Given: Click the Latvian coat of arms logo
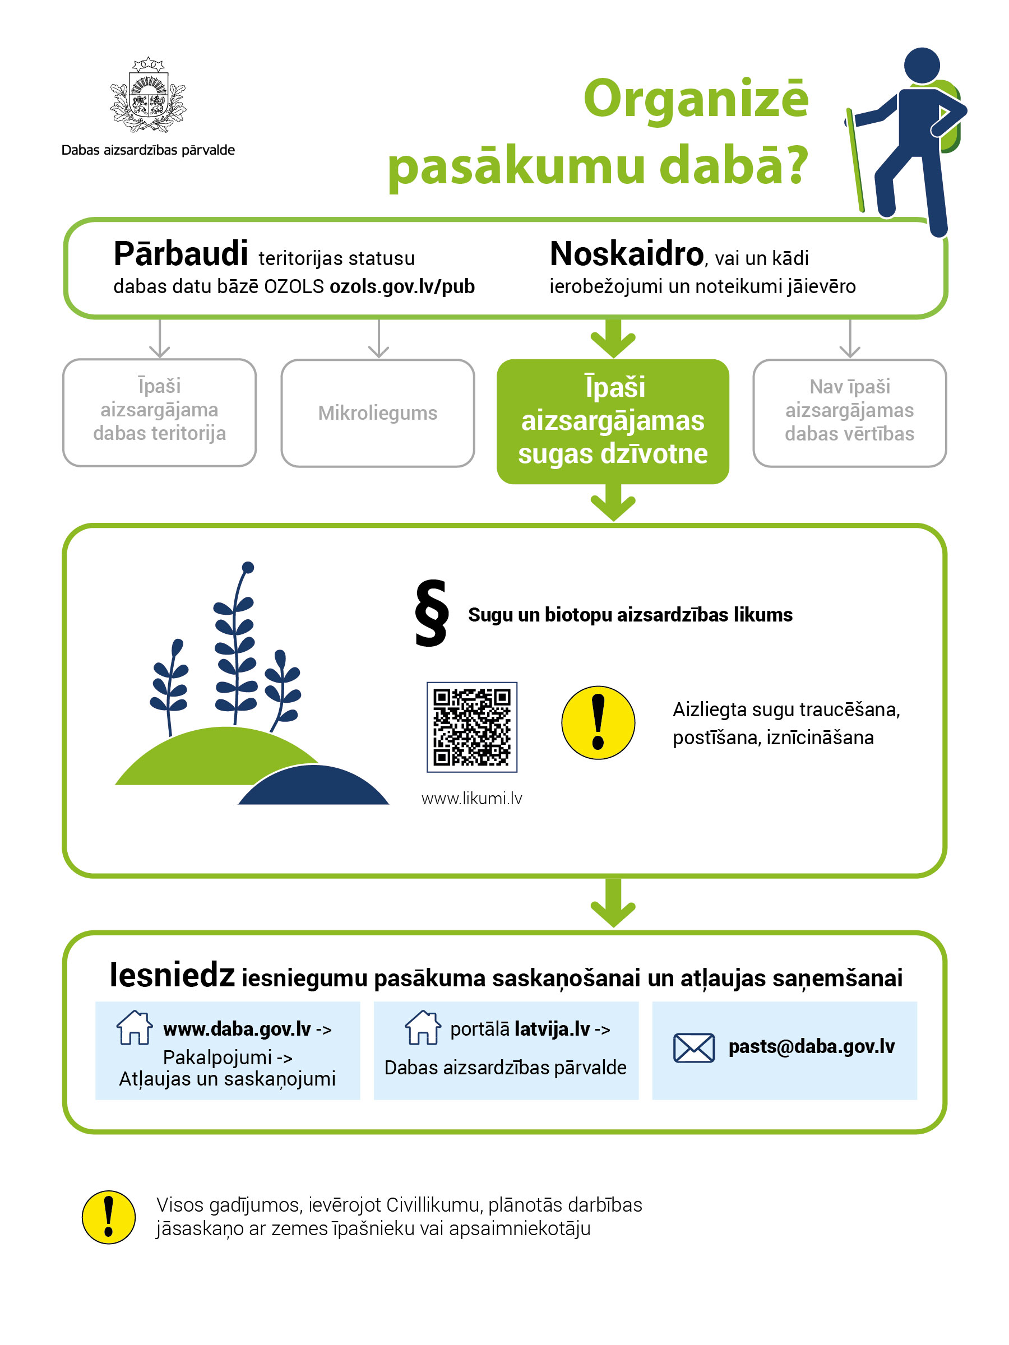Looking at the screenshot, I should coord(148,95).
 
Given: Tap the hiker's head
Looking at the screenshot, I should coord(922,65).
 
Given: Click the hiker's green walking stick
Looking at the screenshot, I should coord(855,161).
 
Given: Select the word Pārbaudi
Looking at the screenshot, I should coord(180,254).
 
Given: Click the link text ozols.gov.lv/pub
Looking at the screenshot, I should coord(402,286).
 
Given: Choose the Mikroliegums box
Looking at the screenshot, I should coord(378,414).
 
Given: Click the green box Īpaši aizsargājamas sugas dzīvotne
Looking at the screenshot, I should coord(613,421).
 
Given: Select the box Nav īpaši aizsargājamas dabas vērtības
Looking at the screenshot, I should coord(849,414).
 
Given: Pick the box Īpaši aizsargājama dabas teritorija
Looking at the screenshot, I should coord(159,412).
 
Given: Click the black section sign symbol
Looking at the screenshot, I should coord(431,613).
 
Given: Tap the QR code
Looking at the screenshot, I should coord(472,727).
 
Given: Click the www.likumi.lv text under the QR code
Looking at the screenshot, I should coord(472,799).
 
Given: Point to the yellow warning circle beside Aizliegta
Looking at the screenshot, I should coord(598,723).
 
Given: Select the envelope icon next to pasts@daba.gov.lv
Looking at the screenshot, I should coord(693,1047).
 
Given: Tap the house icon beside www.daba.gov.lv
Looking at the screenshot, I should coord(135,1028).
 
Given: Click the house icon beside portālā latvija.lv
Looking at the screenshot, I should coord(423,1028).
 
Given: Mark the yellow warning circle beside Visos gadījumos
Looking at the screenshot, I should coord(109,1217).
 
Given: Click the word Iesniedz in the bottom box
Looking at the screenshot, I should coord(172,976).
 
